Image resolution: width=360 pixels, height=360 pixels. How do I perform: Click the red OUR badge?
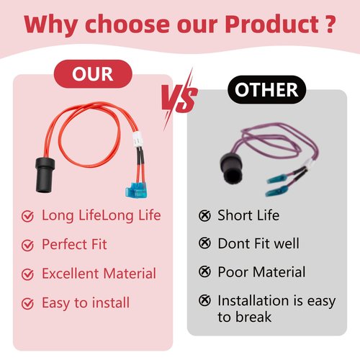click(x=93, y=73)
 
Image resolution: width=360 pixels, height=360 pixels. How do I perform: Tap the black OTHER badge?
click(x=266, y=89)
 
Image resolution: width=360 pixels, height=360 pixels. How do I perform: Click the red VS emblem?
click(x=179, y=99)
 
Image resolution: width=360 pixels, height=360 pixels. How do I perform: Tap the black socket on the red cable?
click(x=45, y=175)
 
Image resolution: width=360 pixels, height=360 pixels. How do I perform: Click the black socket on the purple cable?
click(x=231, y=168)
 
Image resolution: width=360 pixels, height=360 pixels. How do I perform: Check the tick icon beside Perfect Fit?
click(x=27, y=245)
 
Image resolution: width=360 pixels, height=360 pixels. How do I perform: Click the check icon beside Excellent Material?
click(x=27, y=274)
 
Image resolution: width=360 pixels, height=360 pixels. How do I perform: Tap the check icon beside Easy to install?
click(x=27, y=303)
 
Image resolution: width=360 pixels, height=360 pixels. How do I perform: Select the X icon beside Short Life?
click(x=204, y=215)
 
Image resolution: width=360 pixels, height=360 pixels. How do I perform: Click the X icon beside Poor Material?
click(x=204, y=271)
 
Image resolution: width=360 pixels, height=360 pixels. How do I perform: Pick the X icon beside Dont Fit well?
click(x=204, y=243)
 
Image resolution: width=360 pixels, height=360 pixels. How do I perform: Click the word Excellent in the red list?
click(x=71, y=274)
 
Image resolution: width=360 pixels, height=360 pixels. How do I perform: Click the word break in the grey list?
click(x=253, y=317)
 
